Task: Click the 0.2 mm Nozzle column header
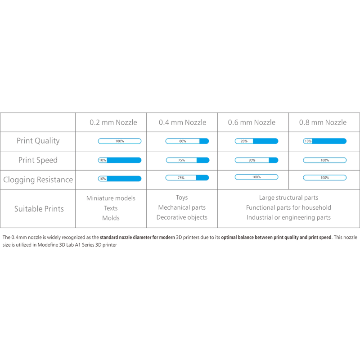tap(113, 122)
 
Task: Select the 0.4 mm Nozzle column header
tap(183, 122)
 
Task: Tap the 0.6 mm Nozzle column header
tap(252, 122)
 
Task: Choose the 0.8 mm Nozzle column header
tap(323, 122)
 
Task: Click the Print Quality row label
tap(38, 141)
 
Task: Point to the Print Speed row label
tap(38, 160)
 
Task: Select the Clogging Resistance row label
tap(38, 180)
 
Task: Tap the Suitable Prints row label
tap(39, 209)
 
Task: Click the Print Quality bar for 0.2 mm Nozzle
tap(120, 141)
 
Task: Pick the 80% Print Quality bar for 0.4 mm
tap(187, 141)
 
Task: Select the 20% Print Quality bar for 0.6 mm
tap(256, 141)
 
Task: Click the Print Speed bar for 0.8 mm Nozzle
tap(324, 160)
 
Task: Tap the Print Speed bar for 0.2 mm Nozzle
tap(120, 160)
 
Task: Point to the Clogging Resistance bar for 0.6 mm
tap(256, 177)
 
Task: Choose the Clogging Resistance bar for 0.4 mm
tap(187, 178)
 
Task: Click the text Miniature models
tap(111, 198)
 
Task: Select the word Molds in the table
tap(111, 218)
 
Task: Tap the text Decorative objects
tap(182, 217)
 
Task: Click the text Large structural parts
tap(288, 198)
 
